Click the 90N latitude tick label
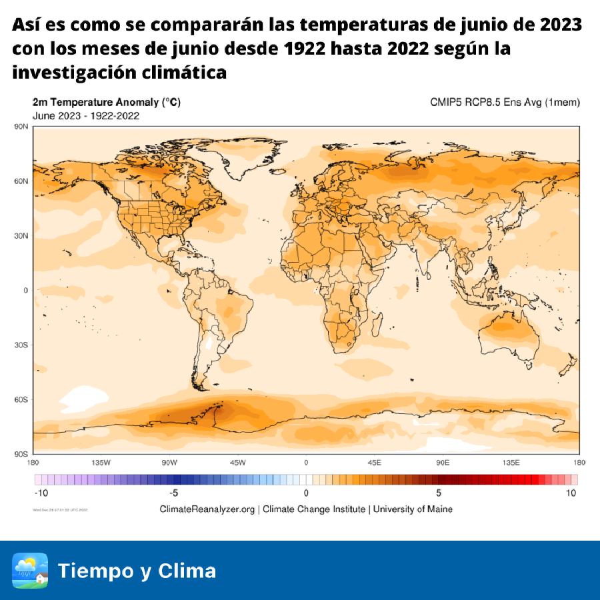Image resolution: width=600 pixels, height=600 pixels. pos(21,127)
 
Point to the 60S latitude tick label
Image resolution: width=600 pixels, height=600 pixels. pos(21,399)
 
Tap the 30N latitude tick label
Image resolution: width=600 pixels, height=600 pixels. pos(21,235)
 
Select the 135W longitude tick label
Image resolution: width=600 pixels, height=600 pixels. pos(101,463)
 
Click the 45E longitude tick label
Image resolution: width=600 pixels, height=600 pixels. pos(375,463)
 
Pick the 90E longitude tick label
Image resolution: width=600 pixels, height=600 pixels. pos(443,463)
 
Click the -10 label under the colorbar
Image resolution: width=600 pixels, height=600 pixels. pos(41,493)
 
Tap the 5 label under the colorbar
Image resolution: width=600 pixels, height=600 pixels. pos(439,493)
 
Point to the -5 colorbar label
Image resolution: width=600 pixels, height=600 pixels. pos(173,493)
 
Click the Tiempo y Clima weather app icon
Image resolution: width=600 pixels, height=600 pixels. pos(30,571)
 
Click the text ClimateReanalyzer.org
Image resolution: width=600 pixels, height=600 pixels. pos(207,509)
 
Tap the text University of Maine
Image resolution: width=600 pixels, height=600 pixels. pos(413,509)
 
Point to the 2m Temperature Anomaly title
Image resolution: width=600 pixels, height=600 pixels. pos(106,103)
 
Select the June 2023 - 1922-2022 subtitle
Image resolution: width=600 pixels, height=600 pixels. pos(85,115)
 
